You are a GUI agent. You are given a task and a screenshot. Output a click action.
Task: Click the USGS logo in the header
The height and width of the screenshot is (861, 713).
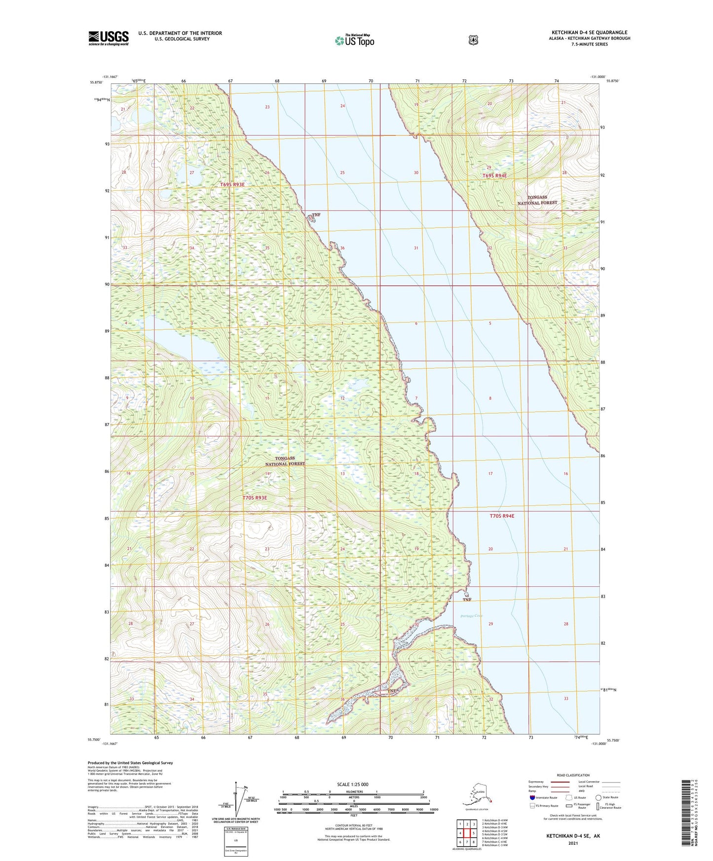pos(108,38)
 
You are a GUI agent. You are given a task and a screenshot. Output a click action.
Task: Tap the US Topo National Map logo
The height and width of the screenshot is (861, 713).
pos(354,40)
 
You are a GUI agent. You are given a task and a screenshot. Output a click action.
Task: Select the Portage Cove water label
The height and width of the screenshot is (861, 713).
pos(471,616)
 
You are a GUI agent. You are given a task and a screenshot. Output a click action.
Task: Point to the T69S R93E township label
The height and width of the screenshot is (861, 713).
pos(232,185)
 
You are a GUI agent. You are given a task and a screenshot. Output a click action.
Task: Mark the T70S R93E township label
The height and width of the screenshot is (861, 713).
pos(255,498)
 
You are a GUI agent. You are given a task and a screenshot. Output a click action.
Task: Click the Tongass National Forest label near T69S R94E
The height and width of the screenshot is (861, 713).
pos(537,200)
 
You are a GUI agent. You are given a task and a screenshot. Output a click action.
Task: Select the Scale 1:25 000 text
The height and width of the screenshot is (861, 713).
pos(352,784)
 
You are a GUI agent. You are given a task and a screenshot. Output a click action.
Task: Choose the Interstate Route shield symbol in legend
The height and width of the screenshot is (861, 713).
pos(532,797)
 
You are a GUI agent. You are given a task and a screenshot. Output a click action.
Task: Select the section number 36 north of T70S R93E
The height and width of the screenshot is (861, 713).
pos(342,248)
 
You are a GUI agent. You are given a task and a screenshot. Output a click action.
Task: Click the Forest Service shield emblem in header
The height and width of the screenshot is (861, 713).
pos(473,40)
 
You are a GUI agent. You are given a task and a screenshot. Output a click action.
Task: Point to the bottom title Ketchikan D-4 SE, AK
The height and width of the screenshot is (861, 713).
pos(572,836)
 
